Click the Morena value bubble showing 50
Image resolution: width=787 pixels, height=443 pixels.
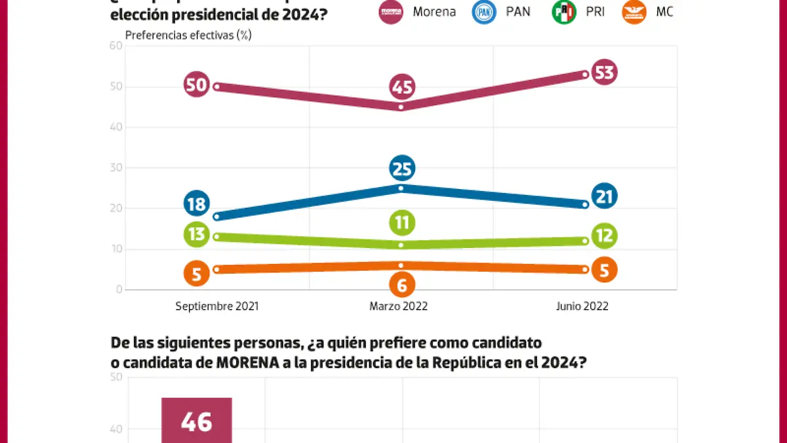tap(197, 85)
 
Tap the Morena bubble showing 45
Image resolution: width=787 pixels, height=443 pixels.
tap(401, 87)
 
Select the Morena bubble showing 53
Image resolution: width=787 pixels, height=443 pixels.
tap(603, 72)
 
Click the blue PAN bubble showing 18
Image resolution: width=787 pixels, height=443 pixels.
tap(197, 203)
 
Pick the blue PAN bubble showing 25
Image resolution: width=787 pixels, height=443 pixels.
tap(401, 169)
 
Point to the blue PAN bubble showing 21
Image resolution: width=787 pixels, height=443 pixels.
tap(603, 196)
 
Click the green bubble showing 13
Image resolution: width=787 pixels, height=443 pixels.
tap(197, 234)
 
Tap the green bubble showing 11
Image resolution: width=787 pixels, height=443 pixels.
tap(401, 222)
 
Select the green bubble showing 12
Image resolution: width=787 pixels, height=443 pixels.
tap(603, 235)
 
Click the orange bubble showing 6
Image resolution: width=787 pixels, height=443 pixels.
tap(401, 285)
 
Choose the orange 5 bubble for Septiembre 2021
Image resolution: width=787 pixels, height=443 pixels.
tap(197, 272)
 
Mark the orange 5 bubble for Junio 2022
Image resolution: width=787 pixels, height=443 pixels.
tap(603, 270)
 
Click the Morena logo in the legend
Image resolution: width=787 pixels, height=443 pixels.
tap(392, 12)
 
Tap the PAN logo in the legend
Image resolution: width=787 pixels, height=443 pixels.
tap(484, 12)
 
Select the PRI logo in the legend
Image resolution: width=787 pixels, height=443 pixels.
tap(563, 12)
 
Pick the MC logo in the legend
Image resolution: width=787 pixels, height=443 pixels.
tap(634, 12)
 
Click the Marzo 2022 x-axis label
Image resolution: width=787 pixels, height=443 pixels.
tap(398, 306)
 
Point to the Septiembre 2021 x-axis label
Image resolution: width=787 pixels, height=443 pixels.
tap(217, 306)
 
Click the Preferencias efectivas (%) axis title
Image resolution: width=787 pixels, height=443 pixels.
tap(188, 35)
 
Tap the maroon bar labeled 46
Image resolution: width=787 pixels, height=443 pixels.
tap(197, 421)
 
